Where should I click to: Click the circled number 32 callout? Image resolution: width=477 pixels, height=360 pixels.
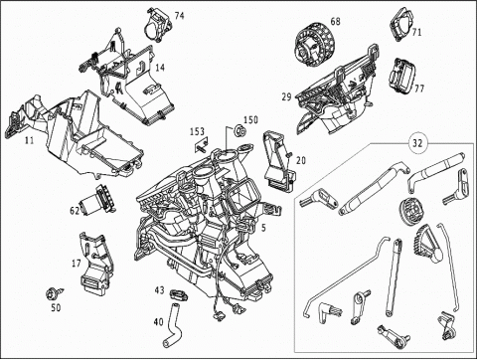click(417, 143)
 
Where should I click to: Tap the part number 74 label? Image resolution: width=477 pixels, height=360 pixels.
click(179, 16)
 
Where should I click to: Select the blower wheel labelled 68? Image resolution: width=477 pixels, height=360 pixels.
click(312, 46)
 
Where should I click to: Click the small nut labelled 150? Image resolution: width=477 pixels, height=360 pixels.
click(239, 131)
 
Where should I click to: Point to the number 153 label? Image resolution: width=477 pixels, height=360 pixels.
click(197, 131)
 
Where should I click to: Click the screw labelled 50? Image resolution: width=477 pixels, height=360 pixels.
click(54, 293)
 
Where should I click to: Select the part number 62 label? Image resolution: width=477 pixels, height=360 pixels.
click(75, 211)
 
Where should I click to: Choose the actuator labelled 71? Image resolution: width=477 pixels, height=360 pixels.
click(402, 23)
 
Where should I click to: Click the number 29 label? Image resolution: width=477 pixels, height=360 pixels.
click(287, 97)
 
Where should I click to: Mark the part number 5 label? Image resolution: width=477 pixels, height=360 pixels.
click(263, 228)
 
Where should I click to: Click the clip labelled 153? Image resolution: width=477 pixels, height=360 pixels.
click(201, 145)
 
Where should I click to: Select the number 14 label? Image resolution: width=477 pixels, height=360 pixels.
click(160, 68)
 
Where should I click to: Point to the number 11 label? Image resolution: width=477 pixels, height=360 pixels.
click(30, 140)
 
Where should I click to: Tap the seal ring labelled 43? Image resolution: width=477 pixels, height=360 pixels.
click(179, 294)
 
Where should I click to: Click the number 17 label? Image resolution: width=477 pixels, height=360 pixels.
click(77, 264)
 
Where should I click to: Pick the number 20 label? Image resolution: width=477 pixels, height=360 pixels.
click(301, 160)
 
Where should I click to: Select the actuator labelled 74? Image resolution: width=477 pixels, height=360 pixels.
click(157, 25)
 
